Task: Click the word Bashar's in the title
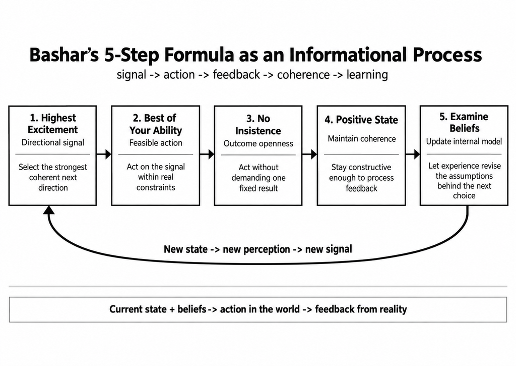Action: point(64,55)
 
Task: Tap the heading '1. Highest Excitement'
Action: point(52,124)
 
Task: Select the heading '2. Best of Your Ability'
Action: point(156,124)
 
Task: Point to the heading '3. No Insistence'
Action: point(259,125)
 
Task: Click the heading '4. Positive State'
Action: point(361,120)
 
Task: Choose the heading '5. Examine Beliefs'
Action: point(464,122)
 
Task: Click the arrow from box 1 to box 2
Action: point(104,154)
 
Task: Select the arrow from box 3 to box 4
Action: point(309,154)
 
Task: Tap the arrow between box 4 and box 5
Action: point(413,154)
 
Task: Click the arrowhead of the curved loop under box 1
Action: point(49,210)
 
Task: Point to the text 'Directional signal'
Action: point(52,142)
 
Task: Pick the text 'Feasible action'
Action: point(156,143)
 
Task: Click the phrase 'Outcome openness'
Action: point(259,144)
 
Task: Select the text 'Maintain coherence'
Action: point(362,139)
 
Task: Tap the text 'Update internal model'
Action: point(464,141)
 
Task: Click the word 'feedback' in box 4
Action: point(361,188)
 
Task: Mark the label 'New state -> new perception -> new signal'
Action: point(258,249)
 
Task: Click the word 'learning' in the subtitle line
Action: point(367,75)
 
